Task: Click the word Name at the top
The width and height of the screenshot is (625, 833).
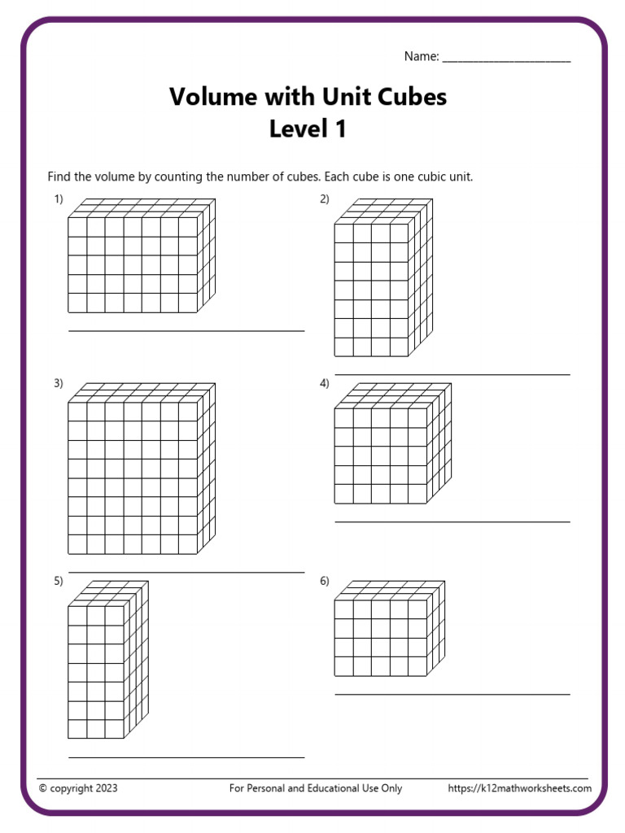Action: (x=420, y=56)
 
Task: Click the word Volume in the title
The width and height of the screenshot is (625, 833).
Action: (x=208, y=97)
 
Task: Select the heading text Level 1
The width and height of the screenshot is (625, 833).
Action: (x=308, y=129)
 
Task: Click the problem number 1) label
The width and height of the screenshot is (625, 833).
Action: (x=59, y=198)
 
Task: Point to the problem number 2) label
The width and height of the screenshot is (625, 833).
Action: (x=324, y=198)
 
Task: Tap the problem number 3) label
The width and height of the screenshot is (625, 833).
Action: (x=59, y=383)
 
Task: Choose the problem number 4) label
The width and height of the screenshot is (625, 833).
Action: (x=324, y=383)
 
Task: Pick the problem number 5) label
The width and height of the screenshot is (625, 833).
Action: (x=59, y=581)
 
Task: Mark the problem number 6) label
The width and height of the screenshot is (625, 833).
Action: (x=324, y=581)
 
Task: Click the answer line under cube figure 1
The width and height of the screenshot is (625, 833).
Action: (x=186, y=331)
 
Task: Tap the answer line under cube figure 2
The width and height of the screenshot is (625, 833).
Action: (x=452, y=375)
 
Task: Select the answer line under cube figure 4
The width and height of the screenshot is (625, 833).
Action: (x=452, y=521)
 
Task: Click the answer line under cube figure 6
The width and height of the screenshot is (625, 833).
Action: (x=452, y=694)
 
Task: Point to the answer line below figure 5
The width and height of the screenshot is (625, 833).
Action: (x=186, y=757)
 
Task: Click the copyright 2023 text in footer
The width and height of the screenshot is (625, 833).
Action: (x=78, y=788)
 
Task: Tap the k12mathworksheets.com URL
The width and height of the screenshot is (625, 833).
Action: (x=519, y=788)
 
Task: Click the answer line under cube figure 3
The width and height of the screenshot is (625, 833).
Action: (x=186, y=573)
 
